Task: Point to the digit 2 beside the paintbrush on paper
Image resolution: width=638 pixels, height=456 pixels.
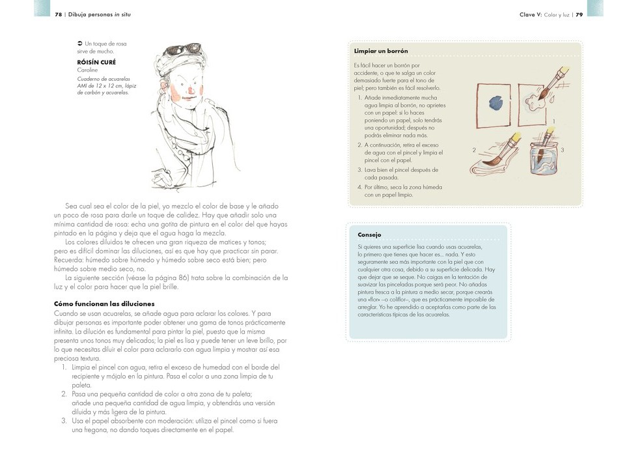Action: (x=475, y=150)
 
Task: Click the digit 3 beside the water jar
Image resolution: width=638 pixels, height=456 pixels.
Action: (x=562, y=150)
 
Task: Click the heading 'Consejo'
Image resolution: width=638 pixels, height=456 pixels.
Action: (x=369, y=235)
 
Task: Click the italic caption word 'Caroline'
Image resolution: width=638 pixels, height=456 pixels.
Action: (x=87, y=70)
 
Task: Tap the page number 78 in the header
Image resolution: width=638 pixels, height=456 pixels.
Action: (x=58, y=14)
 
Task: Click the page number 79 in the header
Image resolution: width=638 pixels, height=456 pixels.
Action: (x=579, y=14)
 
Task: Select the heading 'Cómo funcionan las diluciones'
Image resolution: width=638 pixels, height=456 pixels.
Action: (x=104, y=304)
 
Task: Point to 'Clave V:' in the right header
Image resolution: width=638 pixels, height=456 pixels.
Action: (x=531, y=14)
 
